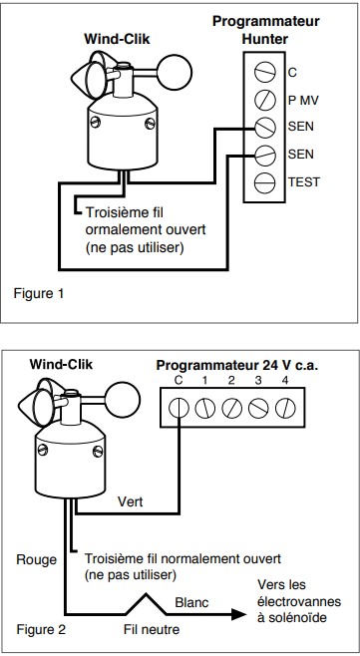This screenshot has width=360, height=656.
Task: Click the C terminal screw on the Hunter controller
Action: (x=265, y=72)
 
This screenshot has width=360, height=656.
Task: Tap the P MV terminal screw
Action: (x=265, y=100)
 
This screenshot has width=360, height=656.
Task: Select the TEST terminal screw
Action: (x=265, y=182)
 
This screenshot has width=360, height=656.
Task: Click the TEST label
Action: (x=304, y=182)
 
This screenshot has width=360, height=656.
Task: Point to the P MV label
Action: (x=303, y=100)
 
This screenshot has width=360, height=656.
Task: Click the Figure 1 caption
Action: (x=39, y=293)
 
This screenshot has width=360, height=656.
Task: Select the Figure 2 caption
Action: (x=41, y=630)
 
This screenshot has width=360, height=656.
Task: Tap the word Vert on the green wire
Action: (x=131, y=500)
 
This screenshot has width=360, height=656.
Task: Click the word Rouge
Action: (x=37, y=559)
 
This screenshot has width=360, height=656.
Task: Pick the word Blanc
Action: (x=191, y=603)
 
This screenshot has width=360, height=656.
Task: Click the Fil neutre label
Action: (x=152, y=629)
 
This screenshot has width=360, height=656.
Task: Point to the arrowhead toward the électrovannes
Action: (x=238, y=614)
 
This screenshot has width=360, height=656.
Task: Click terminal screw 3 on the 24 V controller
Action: (x=258, y=408)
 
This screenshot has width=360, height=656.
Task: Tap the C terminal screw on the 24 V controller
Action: (x=180, y=408)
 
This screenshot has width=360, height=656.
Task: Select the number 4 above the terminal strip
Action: (x=285, y=381)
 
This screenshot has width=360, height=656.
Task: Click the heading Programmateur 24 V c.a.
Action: (x=237, y=365)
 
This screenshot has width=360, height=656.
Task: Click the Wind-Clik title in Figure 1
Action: (x=117, y=39)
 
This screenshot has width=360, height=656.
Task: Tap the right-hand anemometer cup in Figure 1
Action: (x=175, y=73)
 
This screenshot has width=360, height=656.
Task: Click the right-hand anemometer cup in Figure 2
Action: (x=123, y=400)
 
